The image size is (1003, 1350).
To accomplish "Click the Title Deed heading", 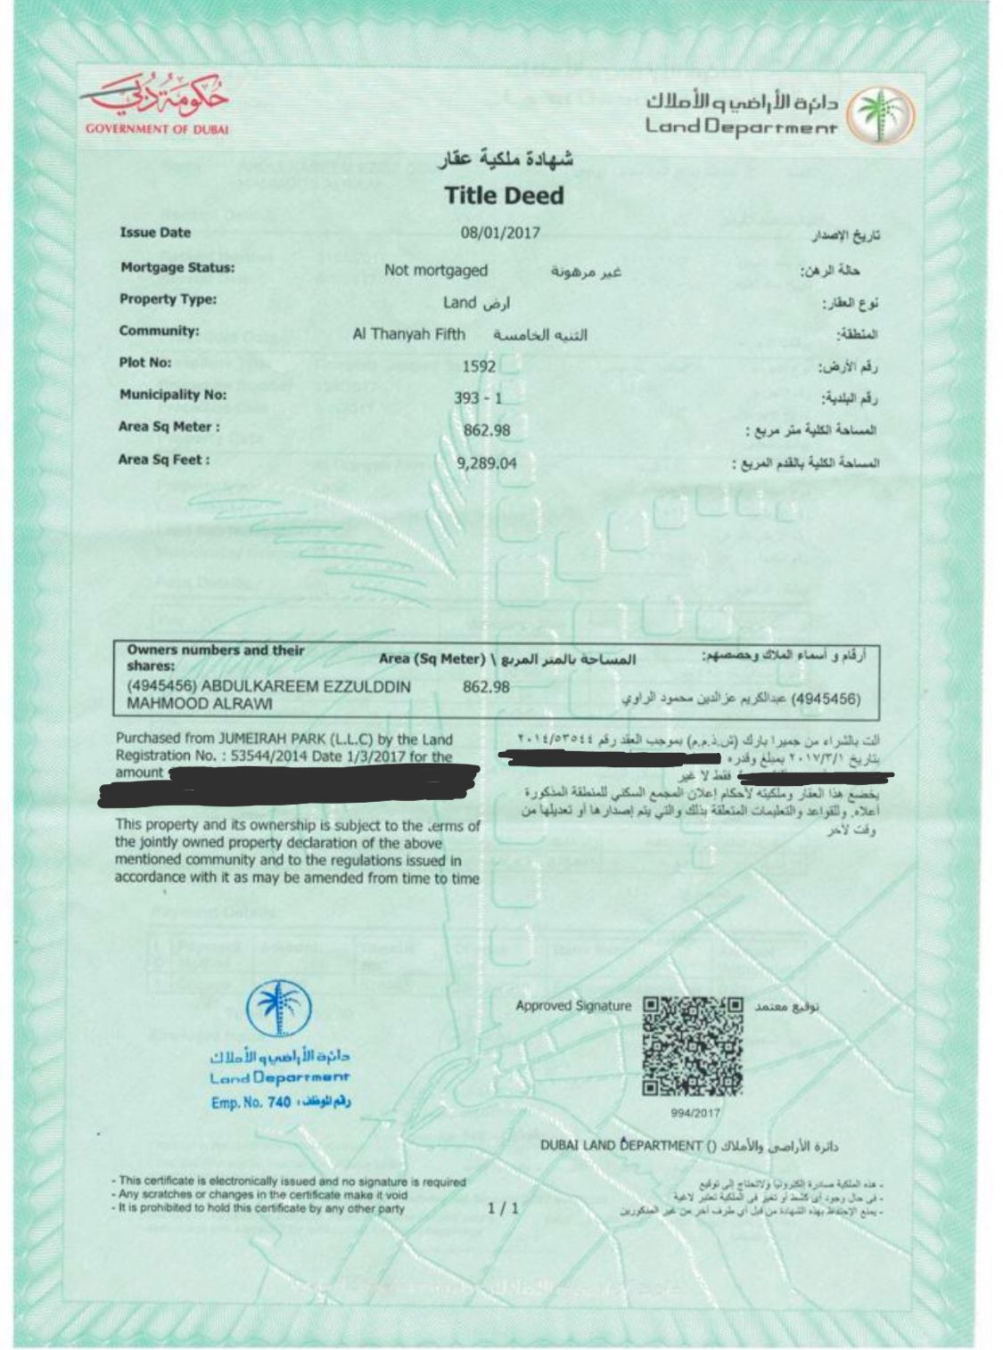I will [x=504, y=195].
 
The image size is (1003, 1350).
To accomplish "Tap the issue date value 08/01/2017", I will [x=500, y=233].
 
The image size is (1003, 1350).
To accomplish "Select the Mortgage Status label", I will [x=177, y=267].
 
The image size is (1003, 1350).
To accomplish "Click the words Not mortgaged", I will [x=436, y=270].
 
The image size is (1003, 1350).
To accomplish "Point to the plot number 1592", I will [x=479, y=365].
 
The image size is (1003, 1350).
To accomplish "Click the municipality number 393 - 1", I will [x=478, y=398].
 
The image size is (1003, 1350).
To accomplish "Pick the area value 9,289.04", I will [x=486, y=463].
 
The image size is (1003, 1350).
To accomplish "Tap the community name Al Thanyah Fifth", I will [x=409, y=334].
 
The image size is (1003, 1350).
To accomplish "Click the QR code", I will [x=693, y=1045].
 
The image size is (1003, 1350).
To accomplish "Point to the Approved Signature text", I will [x=572, y=1006].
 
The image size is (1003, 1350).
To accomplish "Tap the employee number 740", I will [x=279, y=1102].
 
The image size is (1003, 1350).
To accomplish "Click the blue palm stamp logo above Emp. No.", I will [x=279, y=1010].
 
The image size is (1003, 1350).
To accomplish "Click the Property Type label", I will [x=168, y=299].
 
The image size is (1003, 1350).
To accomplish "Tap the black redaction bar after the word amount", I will [x=321, y=781].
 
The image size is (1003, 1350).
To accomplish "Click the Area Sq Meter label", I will [x=169, y=427].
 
